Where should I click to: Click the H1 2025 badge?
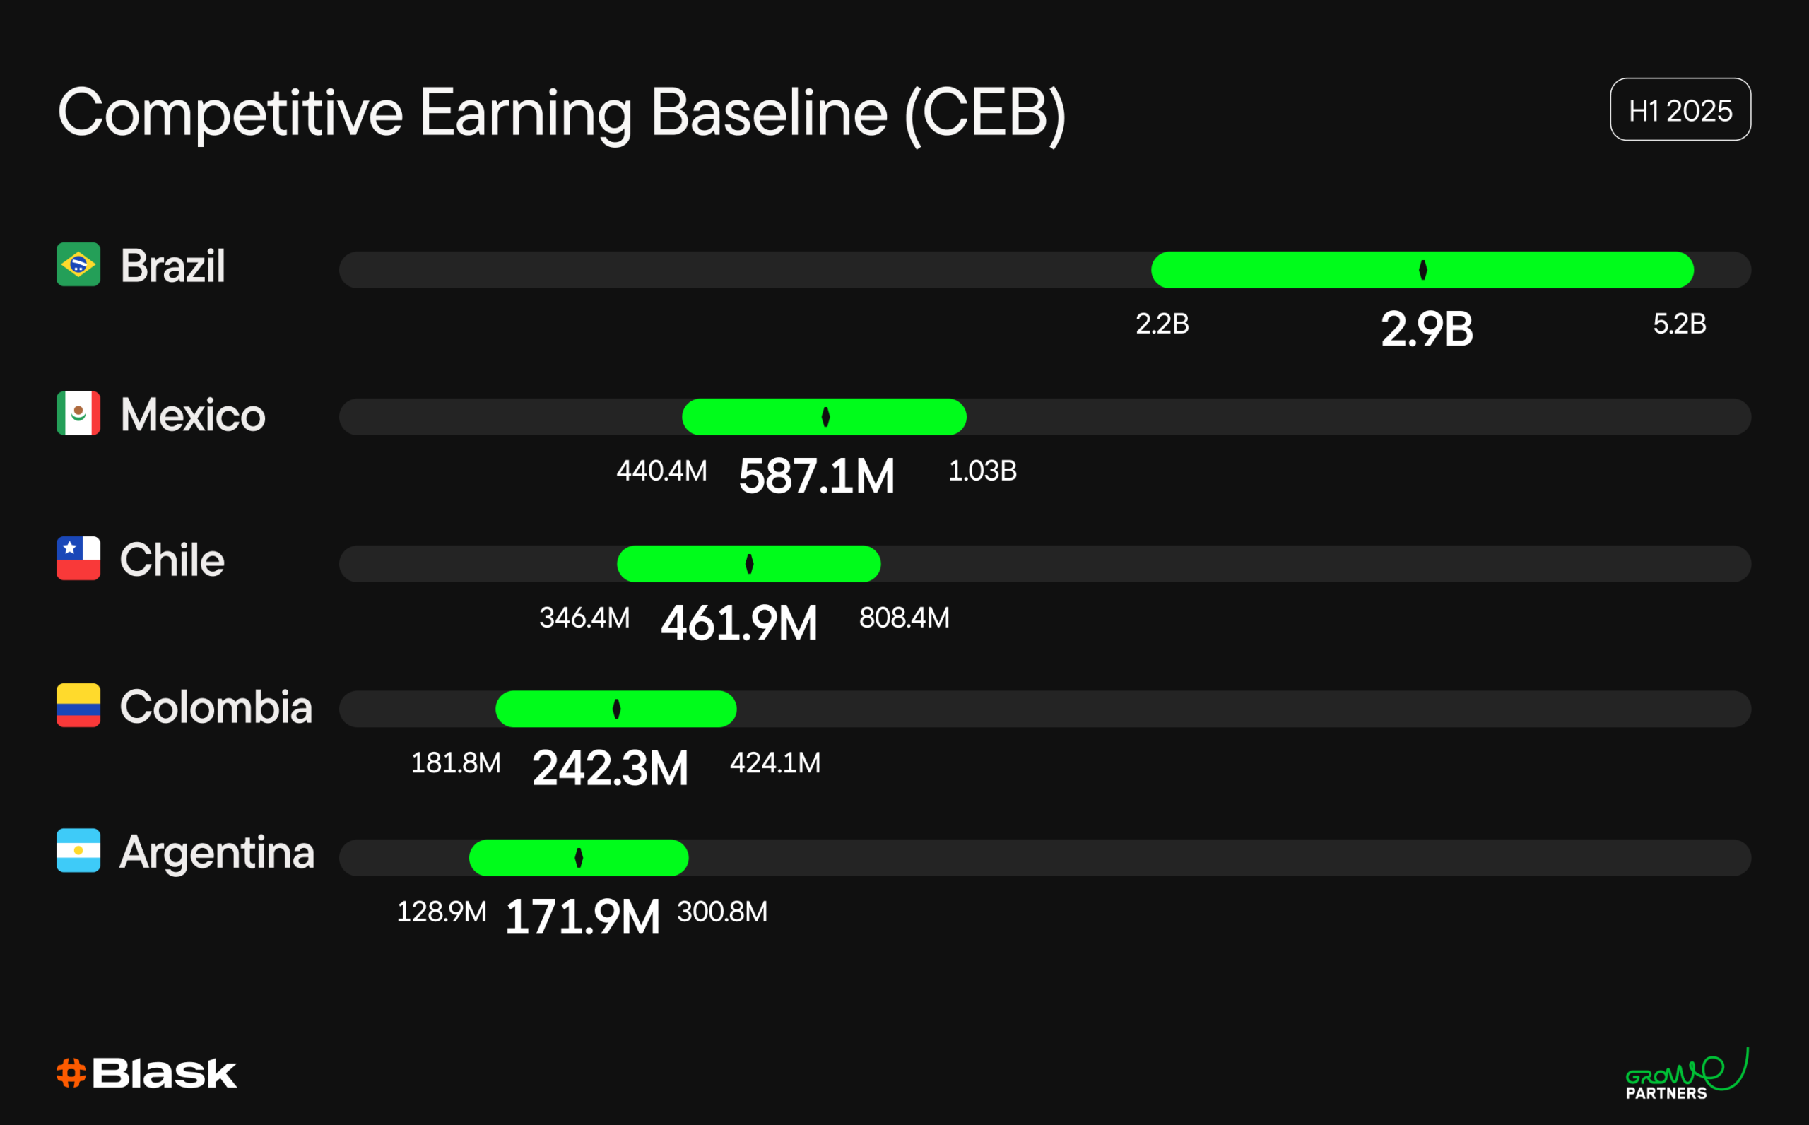click(x=1680, y=110)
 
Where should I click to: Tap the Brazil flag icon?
click(x=78, y=264)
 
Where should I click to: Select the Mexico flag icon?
click(x=78, y=413)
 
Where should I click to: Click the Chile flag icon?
click(x=78, y=558)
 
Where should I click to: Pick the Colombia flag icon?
click(x=78, y=705)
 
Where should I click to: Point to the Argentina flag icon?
click(x=78, y=849)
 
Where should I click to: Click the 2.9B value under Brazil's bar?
click(x=1426, y=329)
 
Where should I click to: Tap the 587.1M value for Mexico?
click(x=816, y=476)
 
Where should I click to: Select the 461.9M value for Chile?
click(x=738, y=623)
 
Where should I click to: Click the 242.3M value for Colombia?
click(x=610, y=768)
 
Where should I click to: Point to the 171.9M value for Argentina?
click(x=582, y=917)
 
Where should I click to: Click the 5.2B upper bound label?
click(x=1679, y=324)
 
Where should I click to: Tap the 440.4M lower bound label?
click(x=661, y=471)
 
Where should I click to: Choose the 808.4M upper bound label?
click(x=904, y=618)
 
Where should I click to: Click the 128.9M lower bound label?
click(x=441, y=912)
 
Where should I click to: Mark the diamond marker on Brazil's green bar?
click(x=1422, y=269)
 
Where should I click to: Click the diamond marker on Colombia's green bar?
click(x=616, y=709)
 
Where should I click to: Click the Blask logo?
click(x=146, y=1073)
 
